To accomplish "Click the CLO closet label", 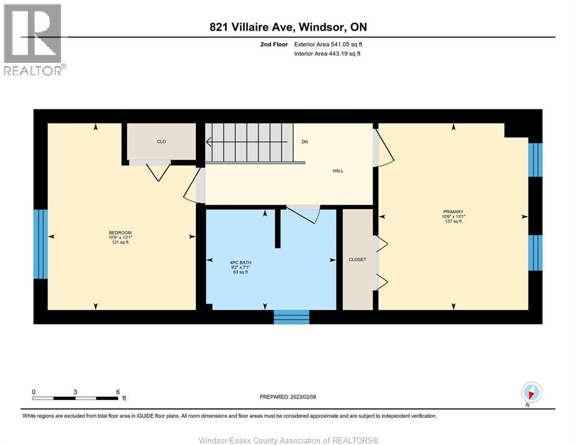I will click(x=161, y=141).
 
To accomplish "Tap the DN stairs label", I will click(x=304, y=141).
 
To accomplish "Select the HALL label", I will click(x=338, y=170).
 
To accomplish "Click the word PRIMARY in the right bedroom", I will click(x=453, y=211).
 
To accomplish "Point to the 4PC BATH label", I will click(x=240, y=262).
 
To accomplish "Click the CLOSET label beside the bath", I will click(x=358, y=259).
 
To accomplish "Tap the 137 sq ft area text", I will click(x=453, y=221).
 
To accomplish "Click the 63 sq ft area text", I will click(x=240, y=272).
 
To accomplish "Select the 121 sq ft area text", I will click(x=121, y=242).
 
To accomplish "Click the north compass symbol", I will click(x=531, y=392).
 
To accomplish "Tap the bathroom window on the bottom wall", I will click(x=291, y=316).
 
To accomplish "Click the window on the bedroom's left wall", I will click(x=41, y=244).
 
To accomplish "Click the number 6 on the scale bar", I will click(x=118, y=392).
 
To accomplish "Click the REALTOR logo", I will click(x=33, y=39).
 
